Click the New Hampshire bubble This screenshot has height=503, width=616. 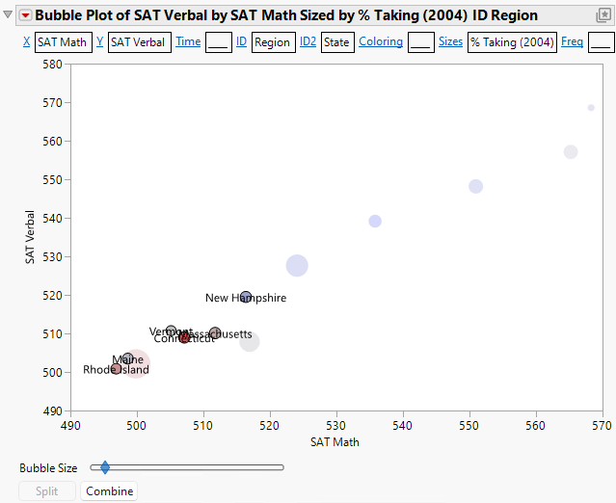246,297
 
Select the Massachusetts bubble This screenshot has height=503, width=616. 215,333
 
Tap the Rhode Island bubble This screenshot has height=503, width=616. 117,368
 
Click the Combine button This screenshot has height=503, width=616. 108,491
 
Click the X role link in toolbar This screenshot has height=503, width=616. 26,42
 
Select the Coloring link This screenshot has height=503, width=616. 380,42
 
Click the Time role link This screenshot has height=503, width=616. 188,42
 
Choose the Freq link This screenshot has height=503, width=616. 572,42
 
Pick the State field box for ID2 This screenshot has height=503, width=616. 337,42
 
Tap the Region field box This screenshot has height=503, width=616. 273,42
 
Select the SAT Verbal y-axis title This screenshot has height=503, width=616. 32,237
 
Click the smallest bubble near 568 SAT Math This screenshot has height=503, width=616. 591,108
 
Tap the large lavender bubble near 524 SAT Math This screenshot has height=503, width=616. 297,265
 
